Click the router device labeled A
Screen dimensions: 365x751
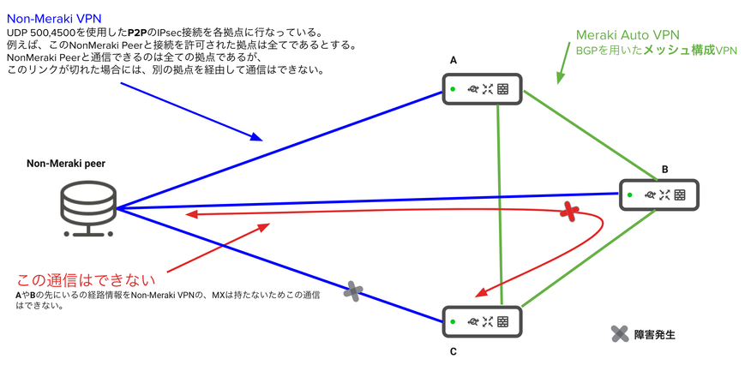tap(482, 87)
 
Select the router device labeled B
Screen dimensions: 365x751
tap(658, 195)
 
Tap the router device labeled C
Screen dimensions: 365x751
tap(482, 321)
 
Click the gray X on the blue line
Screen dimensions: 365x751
tap(352, 291)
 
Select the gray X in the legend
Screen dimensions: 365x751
tap(620, 334)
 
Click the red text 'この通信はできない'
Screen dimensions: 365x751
tap(87, 279)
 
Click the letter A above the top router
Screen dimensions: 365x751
tap(454, 60)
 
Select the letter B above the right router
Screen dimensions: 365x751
tap(664, 169)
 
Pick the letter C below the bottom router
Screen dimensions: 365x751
tap(453, 351)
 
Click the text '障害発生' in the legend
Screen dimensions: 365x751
tap(655, 335)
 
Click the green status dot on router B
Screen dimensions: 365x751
tap(630, 195)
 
